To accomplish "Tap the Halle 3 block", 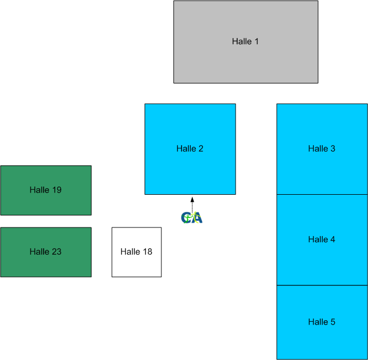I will point(322,169).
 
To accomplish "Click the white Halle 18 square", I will point(136,265).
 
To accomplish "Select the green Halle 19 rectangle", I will point(46,203).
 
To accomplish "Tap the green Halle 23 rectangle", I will point(46,265).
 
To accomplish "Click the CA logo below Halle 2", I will point(192,218).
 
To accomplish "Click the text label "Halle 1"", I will point(245,41).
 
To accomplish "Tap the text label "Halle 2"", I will point(190,148).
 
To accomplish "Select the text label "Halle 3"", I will point(322,148).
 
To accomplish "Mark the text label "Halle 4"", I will point(322,239).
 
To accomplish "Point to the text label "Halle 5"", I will point(322,322).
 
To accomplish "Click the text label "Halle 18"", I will point(136,251).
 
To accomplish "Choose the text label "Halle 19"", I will point(46,190).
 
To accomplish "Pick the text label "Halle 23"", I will point(46,251).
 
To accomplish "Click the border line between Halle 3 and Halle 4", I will point(322,194).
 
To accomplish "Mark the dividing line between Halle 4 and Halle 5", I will point(322,285).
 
